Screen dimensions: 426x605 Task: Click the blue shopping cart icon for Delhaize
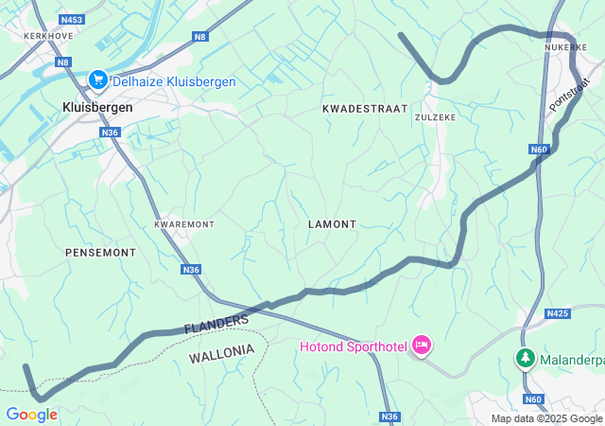pyautogui.click(x=96, y=81)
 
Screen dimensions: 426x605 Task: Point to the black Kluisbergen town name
pyautogui.click(x=97, y=107)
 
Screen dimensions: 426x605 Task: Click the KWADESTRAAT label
pyautogui.click(x=365, y=109)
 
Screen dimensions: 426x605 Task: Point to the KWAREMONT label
pyautogui.click(x=184, y=224)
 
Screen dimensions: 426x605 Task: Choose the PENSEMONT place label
pyautogui.click(x=100, y=253)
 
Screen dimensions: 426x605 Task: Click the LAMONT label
pyautogui.click(x=332, y=224)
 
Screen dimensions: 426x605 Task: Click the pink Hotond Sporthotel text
pyautogui.click(x=354, y=346)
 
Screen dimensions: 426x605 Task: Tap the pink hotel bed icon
pyautogui.click(x=422, y=346)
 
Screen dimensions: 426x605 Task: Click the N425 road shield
pyautogui.click(x=558, y=312)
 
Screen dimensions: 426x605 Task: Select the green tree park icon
pyautogui.click(x=525, y=359)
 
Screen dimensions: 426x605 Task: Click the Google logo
pyautogui.click(x=31, y=415)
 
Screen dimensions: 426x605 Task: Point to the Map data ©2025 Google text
pyautogui.click(x=546, y=418)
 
